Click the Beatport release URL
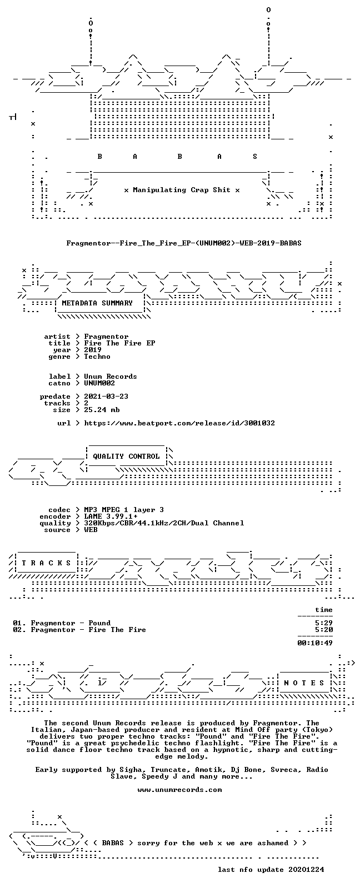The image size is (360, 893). tap(179, 423)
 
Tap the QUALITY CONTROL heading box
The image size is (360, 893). tap(126, 456)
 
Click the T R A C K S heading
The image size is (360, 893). tap(46, 563)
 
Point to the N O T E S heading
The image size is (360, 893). tap(304, 683)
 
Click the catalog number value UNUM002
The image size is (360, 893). tap(99, 383)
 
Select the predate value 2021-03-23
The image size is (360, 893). tap(106, 397)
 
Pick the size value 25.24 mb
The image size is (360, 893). tap(102, 410)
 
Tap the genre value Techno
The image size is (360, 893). tap(97, 357)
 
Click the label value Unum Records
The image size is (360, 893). tap(111, 377)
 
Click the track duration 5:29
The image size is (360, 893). tap(324, 623)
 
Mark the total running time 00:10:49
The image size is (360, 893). tap(315, 643)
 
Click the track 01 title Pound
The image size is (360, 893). tap(99, 623)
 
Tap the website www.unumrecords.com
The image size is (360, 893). tap(180, 789)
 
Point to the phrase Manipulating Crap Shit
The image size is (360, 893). tap(182, 190)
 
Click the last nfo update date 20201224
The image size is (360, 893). tap(306, 869)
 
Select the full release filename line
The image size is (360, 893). tap(184, 243)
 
